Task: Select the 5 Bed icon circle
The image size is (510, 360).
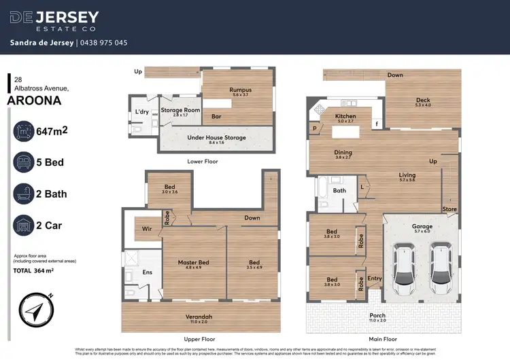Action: click(x=26, y=163)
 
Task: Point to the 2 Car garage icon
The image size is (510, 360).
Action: click(x=26, y=225)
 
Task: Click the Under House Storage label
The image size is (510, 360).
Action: click(x=216, y=137)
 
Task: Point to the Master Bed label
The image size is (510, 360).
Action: click(x=193, y=262)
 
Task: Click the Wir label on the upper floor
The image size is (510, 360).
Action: click(x=146, y=229)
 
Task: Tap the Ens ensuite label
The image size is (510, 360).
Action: click(x=146, y=272)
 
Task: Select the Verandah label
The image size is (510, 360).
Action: click(x=199, y=317)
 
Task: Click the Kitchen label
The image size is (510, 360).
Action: click(x=345, y=117)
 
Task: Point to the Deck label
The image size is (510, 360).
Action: click(x=423, y=101)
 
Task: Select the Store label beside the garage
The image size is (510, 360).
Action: click(x=449, y=209)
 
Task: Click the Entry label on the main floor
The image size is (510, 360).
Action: click(x=375, y=278)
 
